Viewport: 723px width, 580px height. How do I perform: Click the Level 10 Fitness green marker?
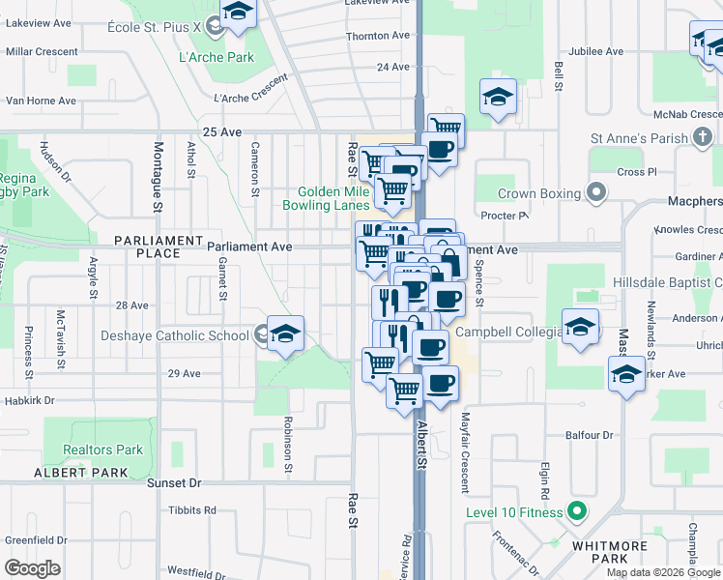click(577, 511)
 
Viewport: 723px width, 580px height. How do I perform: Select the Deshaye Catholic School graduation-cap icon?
click(285, 334)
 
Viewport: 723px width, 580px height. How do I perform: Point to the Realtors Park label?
click(102, 449)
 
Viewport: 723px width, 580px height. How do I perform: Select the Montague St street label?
click(158, 178)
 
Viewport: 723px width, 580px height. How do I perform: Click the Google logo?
click(33, 567)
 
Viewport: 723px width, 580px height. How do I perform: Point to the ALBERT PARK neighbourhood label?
click(80, 472)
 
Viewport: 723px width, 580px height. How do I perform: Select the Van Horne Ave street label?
click(41, 101)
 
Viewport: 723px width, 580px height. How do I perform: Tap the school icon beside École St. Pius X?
click(236, 14)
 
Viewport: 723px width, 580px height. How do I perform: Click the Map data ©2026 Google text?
click(662, 571)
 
